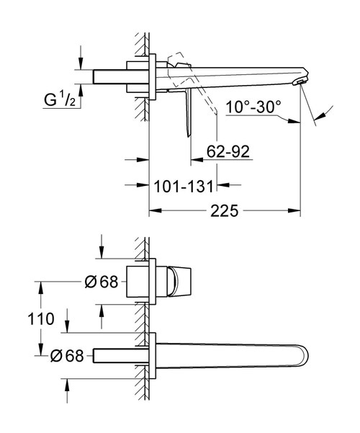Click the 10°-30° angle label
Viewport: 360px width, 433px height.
click(x=252, y=108)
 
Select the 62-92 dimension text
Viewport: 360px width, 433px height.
click(x=229, y=152)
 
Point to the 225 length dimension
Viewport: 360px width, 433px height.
click(x=222, y=212)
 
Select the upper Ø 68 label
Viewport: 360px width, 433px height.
click(x=101, y=282)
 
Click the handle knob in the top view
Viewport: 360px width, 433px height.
click(x=178, y=282)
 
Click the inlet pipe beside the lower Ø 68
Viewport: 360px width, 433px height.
click(x=115, y=355)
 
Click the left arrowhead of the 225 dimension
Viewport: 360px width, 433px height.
click(x=153, y=212)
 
